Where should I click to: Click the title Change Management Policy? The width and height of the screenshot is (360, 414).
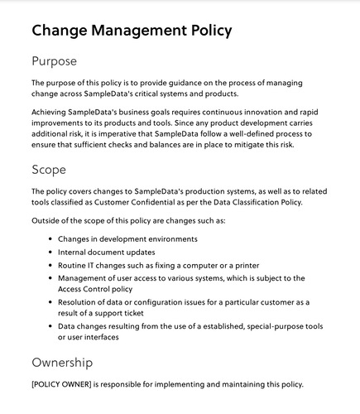pos(131,31)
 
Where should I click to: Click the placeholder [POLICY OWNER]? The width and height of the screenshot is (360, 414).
pos(65,384)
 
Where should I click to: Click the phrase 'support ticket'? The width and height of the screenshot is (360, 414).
pos(129,315)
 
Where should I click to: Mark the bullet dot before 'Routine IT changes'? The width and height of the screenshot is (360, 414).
pos(49,264)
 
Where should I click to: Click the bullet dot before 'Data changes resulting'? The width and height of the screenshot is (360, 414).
pos(49,328)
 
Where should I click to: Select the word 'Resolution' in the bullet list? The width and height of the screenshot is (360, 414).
pos(81,302)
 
